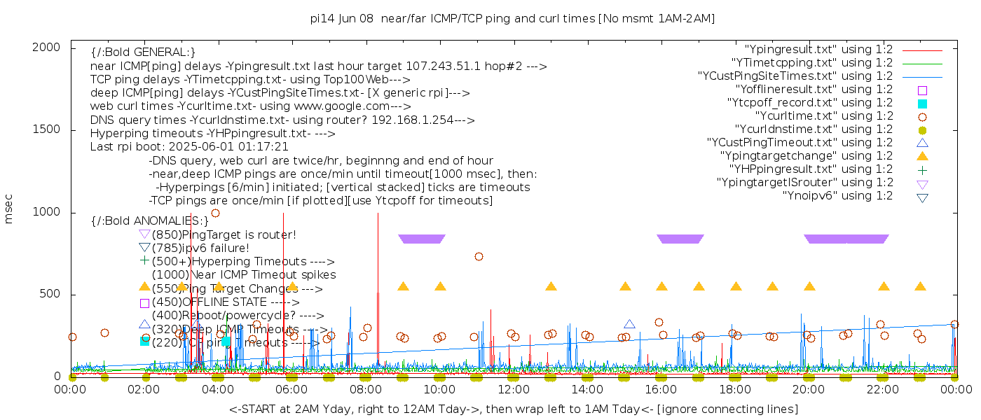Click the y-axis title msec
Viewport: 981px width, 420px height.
pyautogui.click(x=9, y=209)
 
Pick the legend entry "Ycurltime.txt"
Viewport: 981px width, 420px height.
pyautogui.click(x=823, y=116)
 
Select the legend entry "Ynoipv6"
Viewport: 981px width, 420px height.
pyautogui.click(x=837, y=196)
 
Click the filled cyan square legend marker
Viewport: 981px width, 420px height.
pyautogui.click(x=922, y=104)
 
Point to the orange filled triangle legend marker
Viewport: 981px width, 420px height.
pyautogui.click(x=922, y=155)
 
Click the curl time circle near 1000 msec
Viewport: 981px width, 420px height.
pyautogui.click(x=215, y=213)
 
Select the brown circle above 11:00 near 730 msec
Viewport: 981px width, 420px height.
pyautogui.click(x=479, y=256)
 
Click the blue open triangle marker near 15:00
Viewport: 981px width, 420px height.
pyautogui.click(x=629, y=324)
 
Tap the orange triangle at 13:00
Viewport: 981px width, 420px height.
pyautogui.click(x=551, y=286)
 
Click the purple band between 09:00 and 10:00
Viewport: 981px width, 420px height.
pyautogui.click(x=421, y=239)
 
